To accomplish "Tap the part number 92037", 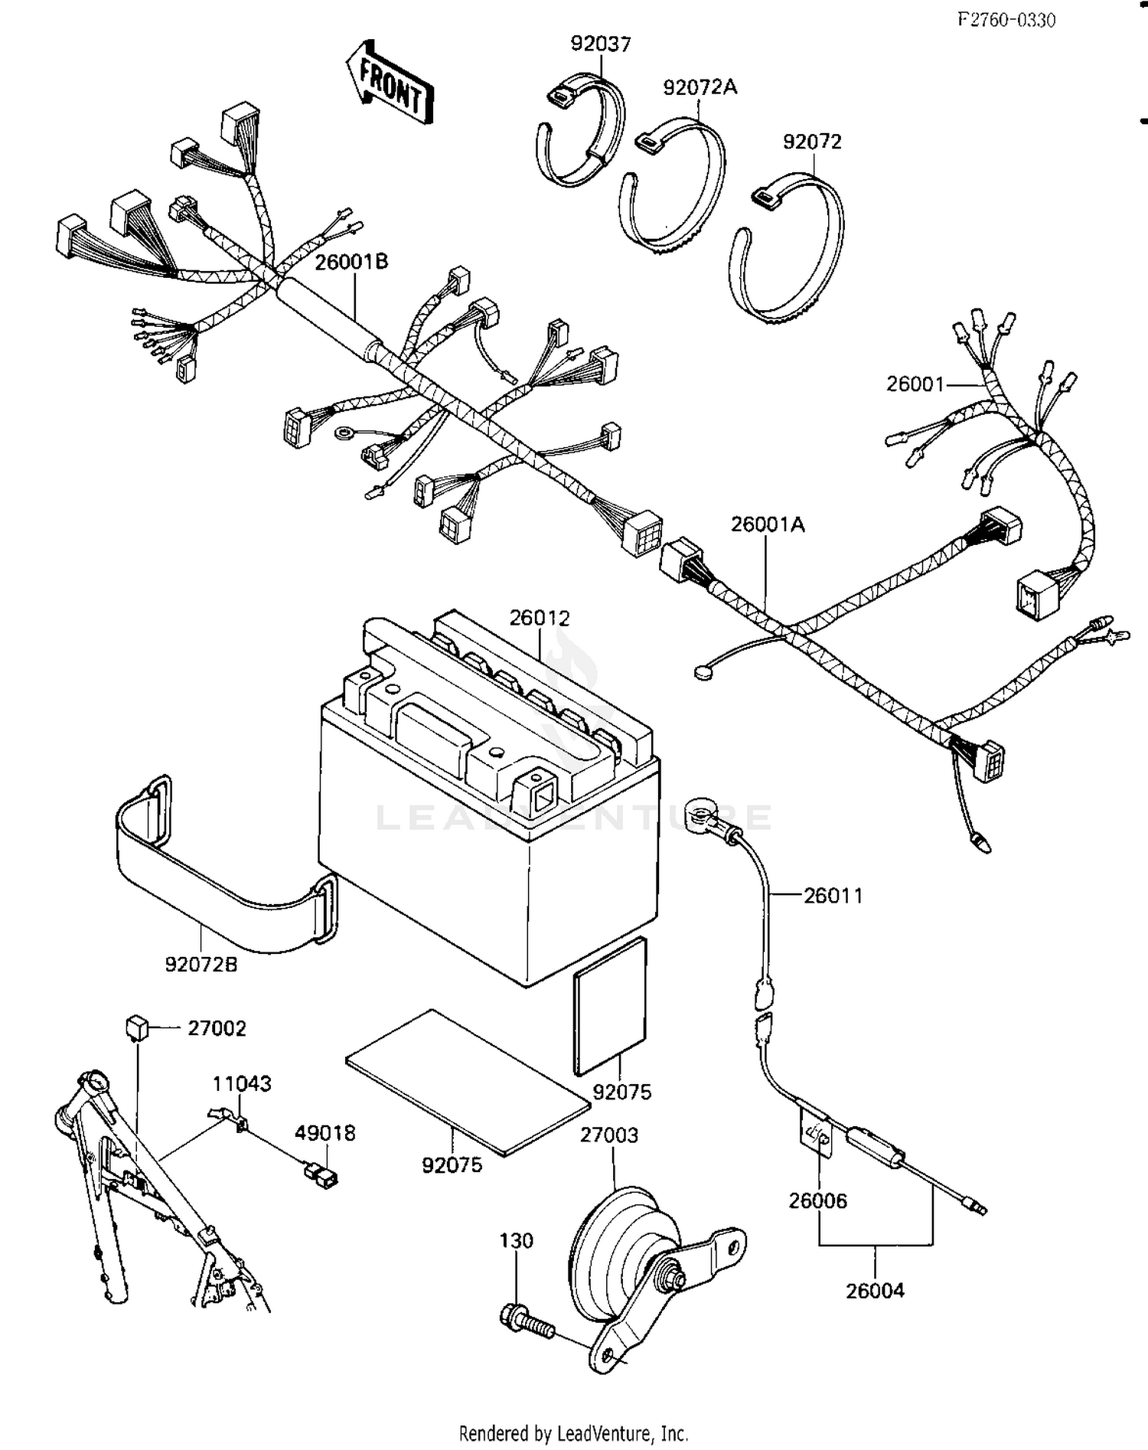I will coord(601,44).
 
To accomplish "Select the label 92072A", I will coord(700,87).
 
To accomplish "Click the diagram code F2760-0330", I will coord(1006,21).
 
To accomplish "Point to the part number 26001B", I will coord(351,262).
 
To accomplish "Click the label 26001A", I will coord(768,524).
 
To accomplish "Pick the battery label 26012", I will coord(540,618).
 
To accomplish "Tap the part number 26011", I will coord(833,895).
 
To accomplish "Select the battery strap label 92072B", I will coord(201,965).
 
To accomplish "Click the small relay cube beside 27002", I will coord(136,1027).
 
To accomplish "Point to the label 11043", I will coord(242,1083).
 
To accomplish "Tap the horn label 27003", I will coord(608,1135).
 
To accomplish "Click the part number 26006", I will coord(818,1200).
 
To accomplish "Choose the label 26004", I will coord(875,1290).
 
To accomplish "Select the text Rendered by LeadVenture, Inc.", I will coord(573,1432).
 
